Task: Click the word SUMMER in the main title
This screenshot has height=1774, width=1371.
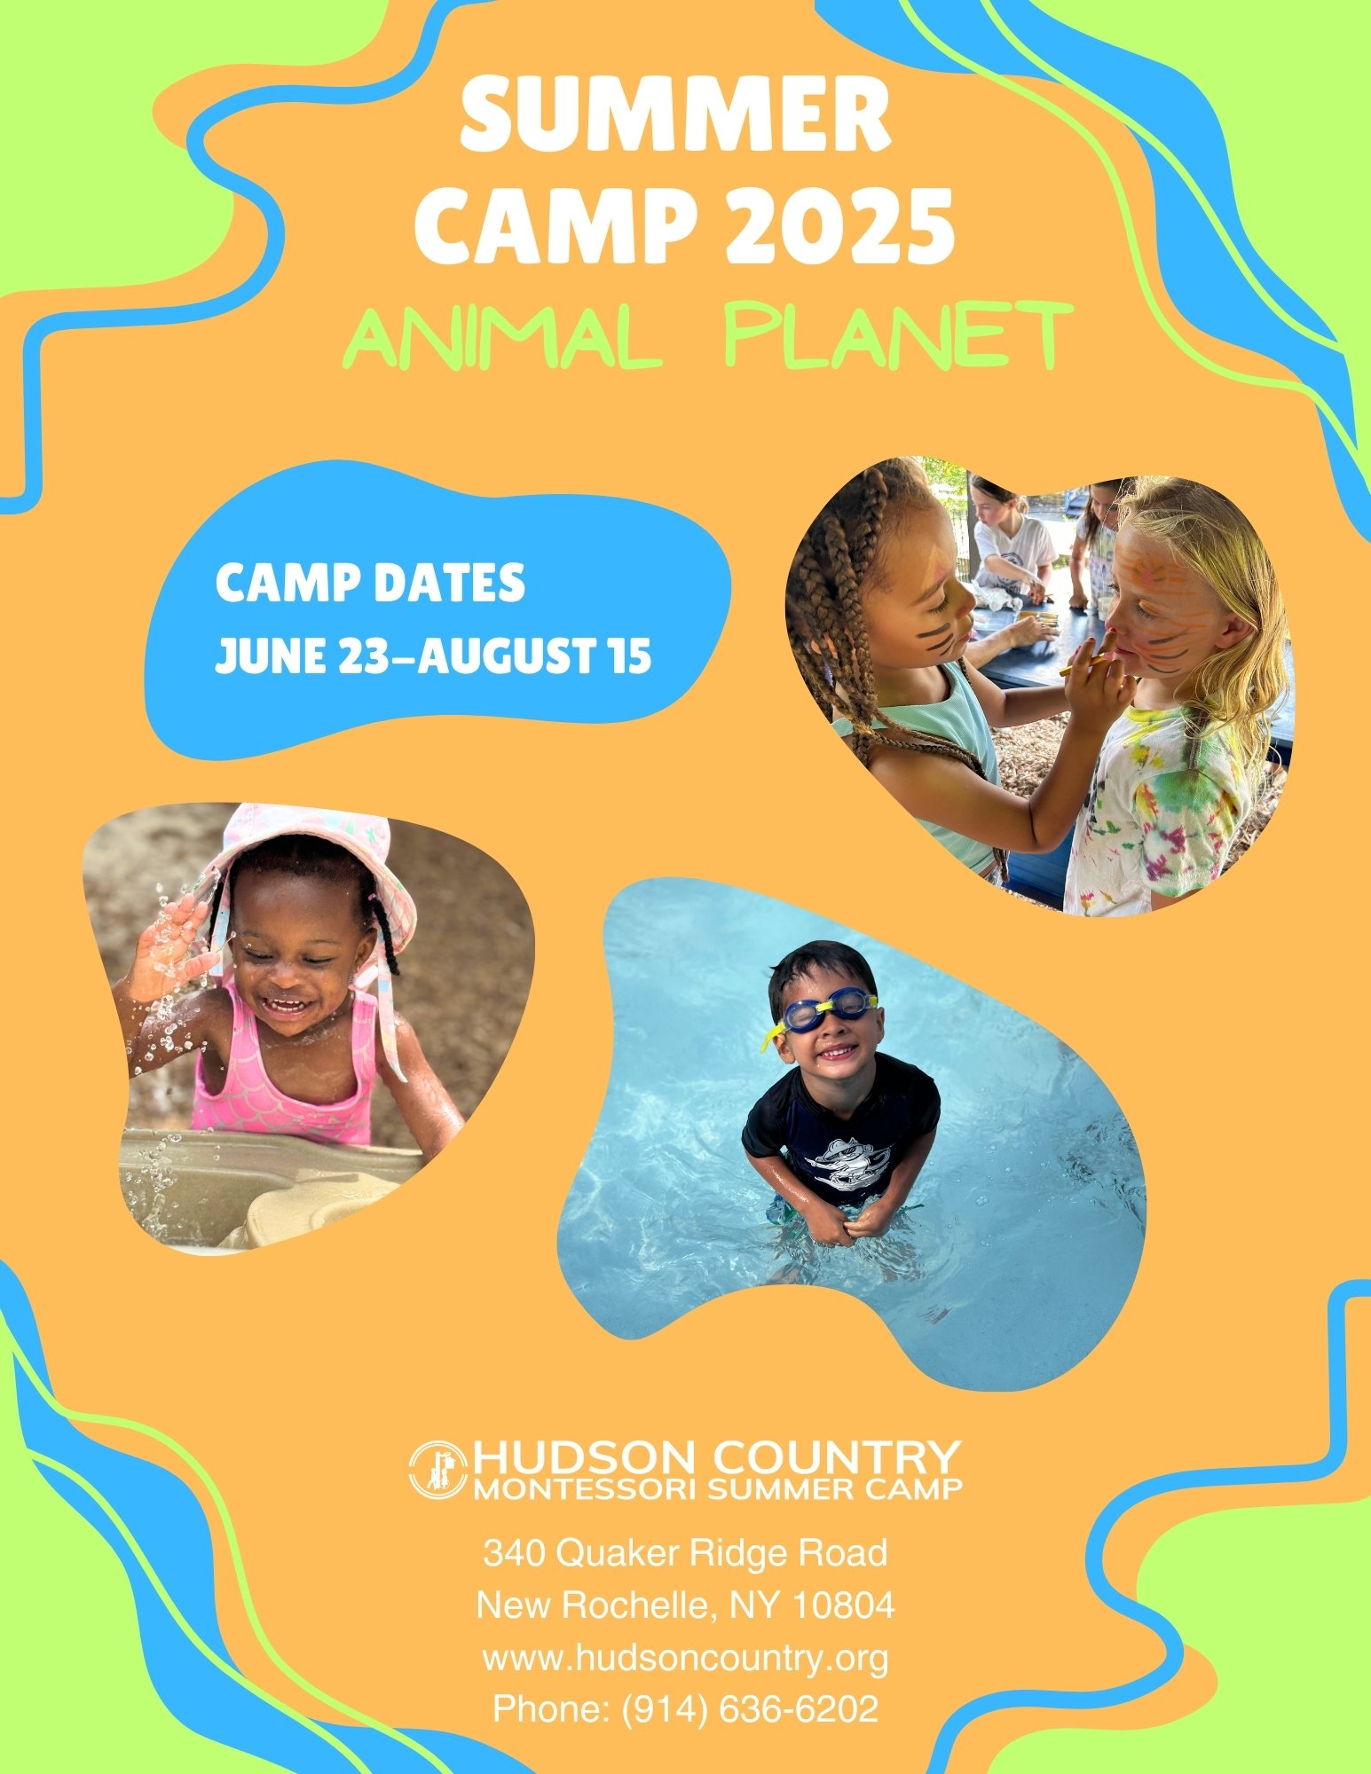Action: [x=676, y=114]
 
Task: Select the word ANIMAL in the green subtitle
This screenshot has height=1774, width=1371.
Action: [x=503, y=336]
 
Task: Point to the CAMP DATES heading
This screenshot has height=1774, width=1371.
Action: [x=370, y=584]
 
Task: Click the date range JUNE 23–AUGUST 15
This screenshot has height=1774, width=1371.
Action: [x=433, y=655]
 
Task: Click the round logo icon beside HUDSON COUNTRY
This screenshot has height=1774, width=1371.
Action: [x=438, y=1469]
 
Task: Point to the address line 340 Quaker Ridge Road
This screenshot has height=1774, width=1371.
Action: [x=685, y=1552]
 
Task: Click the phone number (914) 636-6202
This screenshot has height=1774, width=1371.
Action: [x=750, y=1710]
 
